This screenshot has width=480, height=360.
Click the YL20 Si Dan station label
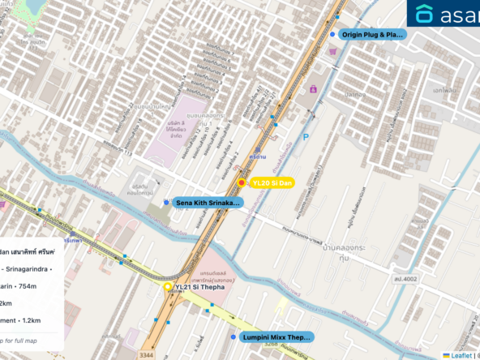[x=272, y=182]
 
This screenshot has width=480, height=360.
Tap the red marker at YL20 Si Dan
[x=242, y=182]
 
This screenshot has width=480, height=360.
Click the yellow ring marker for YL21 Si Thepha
[x=168, y=287]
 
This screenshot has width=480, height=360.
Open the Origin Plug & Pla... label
[x=372, y=35]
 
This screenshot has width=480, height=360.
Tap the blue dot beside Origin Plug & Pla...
[x=332, y=35]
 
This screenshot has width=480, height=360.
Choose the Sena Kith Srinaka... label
[x=208, y=202]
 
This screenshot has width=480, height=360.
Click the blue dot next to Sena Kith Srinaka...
[x=166, y=202]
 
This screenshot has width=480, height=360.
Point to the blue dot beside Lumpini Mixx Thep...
[x=234, y=336]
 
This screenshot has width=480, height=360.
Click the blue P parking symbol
[x=305, y=139]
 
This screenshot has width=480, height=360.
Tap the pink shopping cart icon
[x=332, y=51]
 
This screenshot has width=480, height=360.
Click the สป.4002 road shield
[x=407, y=278]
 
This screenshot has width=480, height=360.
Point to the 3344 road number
[x=146, y=354]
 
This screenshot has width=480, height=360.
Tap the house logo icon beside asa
[x=425, y=14]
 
